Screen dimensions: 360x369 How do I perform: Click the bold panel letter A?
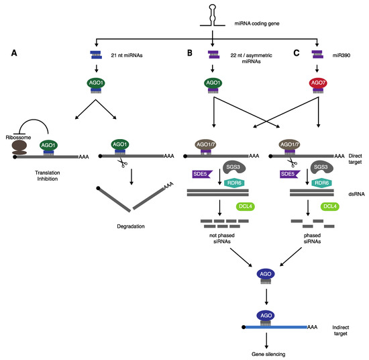15,48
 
